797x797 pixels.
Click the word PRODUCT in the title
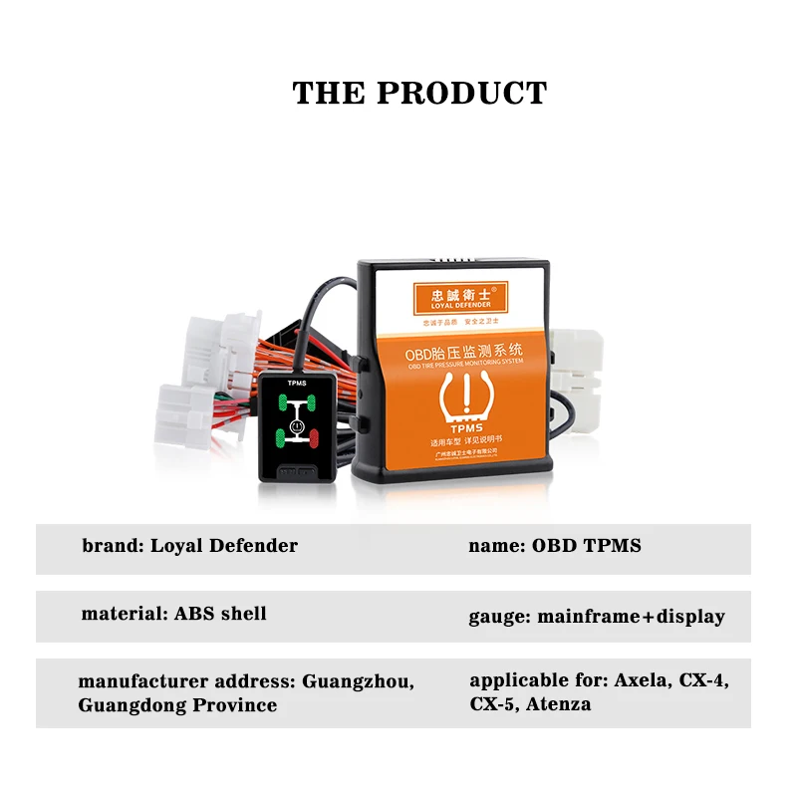(x=463, y=94)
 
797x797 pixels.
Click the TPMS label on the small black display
(x=296, y=383)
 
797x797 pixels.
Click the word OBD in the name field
(x=553, y=546)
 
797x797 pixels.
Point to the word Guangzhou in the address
(x=356, y=682)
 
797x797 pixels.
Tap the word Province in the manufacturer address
(x=235, y=705)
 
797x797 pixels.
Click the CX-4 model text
(x=704, y=682)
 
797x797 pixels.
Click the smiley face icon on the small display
(x=296, y=425)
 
